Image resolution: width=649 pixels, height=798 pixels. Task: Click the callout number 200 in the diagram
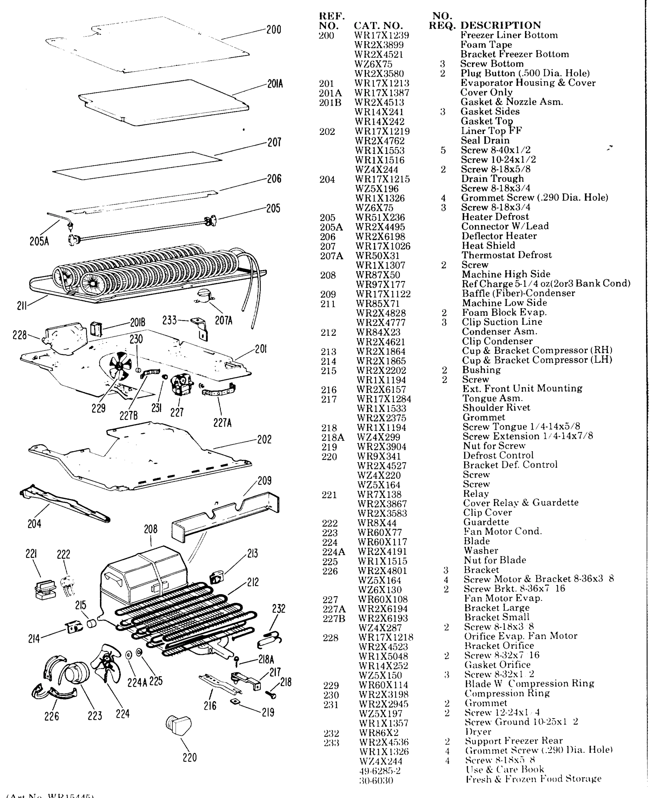[x=274, y=30]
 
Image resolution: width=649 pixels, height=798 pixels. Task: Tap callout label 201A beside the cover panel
[x=275, y=84]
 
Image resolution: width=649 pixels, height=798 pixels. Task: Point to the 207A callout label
[x=223, y=320]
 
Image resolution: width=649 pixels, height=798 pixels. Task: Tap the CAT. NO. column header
[x=378, y=26]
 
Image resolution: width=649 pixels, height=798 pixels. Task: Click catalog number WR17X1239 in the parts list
[x=381, y=36]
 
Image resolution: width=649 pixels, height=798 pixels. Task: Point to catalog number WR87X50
[x=378, y=275]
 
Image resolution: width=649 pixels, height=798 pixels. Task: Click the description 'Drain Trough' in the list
[x=492, y=179]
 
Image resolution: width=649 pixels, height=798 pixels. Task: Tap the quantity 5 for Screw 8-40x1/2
[x=443, y=150]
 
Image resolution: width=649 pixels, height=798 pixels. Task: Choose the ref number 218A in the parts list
[x=332, y=437]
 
